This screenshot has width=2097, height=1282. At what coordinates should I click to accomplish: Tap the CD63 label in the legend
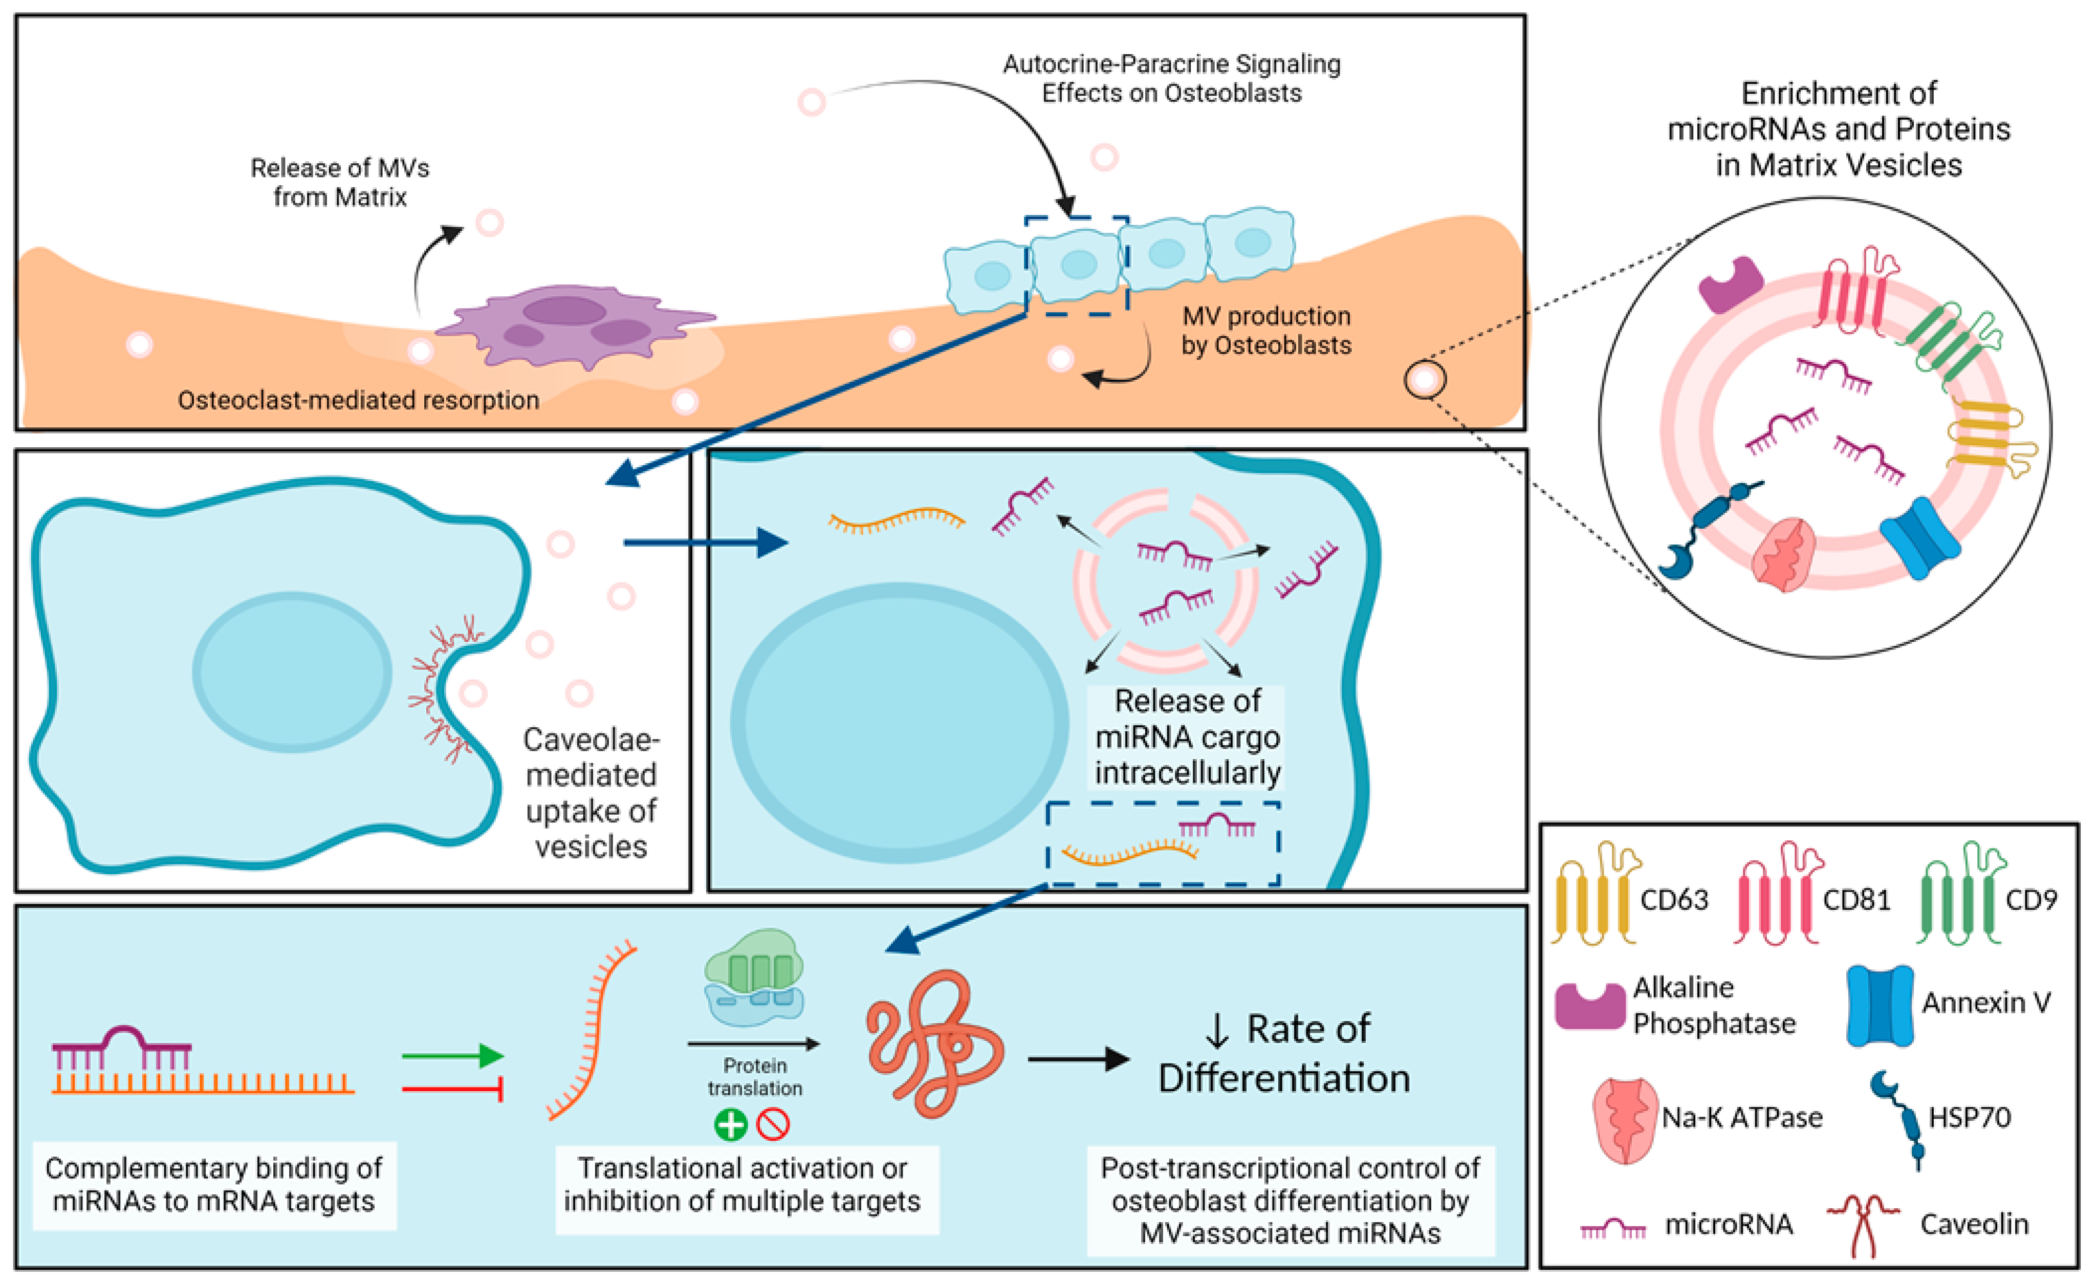coord(1673,900)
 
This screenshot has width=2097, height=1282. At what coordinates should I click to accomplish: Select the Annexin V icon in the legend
coord(1879,1005)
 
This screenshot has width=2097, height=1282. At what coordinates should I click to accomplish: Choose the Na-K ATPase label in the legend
coord(1742,1117)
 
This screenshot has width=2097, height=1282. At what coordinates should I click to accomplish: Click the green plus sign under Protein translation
coord(730,1124)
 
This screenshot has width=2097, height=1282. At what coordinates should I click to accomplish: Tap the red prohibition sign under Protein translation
coord(773,1124)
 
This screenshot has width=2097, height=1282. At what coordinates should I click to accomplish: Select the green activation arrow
coord(453,1056)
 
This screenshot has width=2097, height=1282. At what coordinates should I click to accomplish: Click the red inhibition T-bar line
coord(453,1088)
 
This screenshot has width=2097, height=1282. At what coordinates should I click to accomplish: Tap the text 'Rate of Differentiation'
coord(1285,1054)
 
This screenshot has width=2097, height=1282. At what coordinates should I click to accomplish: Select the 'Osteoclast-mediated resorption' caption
coord(358,400)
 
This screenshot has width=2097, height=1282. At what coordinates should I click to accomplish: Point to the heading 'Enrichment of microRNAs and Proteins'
coord(1838,128)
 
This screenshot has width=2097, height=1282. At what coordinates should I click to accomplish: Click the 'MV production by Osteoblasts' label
coord(1266,330)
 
